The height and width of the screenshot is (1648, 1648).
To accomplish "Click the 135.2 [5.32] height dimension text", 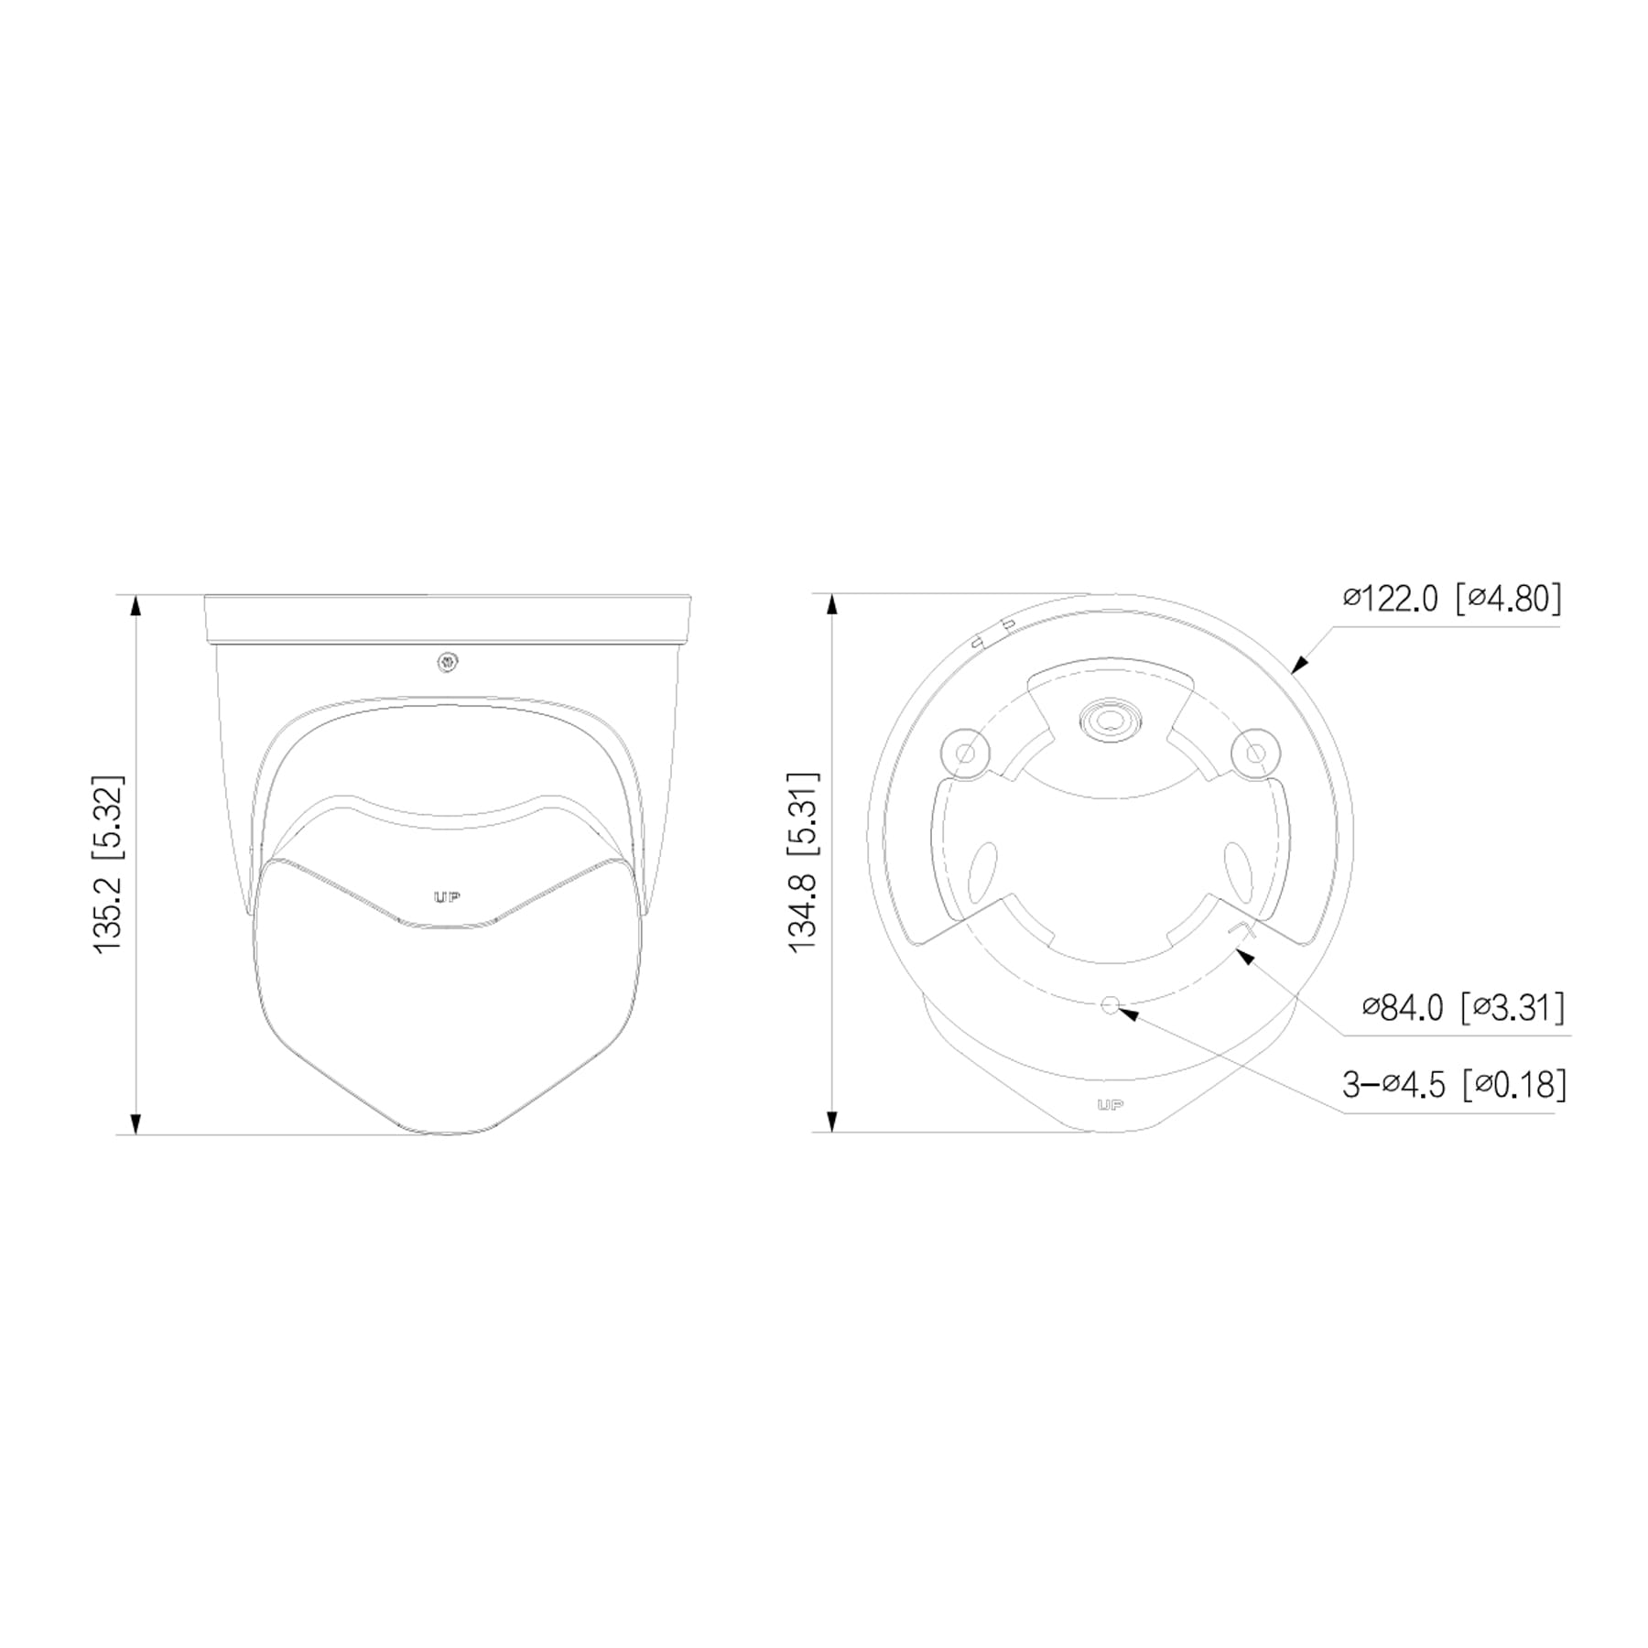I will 109,865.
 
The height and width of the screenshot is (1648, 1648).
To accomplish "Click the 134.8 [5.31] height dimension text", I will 804,862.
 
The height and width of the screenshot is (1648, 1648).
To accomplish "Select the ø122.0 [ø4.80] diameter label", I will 1452,600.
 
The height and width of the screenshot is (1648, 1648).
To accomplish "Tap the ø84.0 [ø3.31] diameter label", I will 1463,1008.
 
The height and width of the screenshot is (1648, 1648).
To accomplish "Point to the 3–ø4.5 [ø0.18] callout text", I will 1454,1085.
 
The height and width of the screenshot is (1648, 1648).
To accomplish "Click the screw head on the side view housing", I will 448,662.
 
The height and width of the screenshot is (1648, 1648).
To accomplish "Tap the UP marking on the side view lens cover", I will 447,898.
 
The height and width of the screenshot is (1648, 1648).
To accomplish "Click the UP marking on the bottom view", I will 1110,1105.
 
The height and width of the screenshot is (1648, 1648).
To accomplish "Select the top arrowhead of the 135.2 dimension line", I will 136,607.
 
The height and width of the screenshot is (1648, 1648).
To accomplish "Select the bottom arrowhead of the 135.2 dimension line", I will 136,1123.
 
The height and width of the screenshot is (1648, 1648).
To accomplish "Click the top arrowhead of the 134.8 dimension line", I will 832,605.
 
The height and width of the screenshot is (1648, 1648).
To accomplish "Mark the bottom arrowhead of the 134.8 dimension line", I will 832,1122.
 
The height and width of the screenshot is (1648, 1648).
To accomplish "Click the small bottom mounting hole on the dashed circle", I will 1111,1005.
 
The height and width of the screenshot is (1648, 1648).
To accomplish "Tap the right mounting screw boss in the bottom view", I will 1255,752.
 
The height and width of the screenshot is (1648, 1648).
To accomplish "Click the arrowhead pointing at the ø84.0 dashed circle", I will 1242,955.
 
